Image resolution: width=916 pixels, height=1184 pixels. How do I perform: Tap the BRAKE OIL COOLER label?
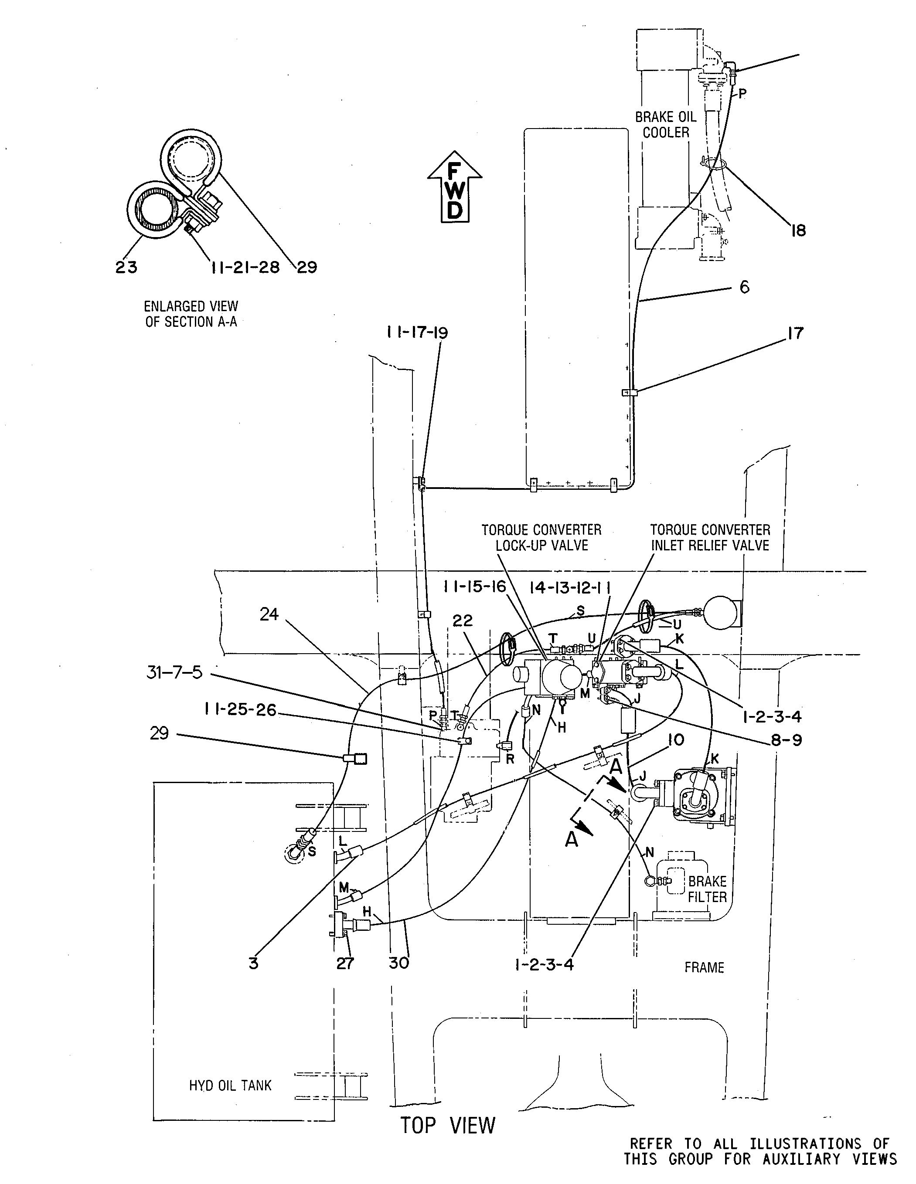pos(665,125)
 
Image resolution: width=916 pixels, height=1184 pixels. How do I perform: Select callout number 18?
pos(798,231)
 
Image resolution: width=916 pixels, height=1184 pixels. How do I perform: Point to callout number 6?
pos(744,287)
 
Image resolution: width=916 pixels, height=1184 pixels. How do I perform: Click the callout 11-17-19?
pos(418,332)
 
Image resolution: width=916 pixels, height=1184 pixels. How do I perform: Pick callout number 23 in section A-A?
pos(126,267)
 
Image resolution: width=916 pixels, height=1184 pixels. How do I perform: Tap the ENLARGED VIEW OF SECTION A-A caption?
pos(191,314)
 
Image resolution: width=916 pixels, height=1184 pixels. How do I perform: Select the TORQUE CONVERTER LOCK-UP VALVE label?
pos(541,537)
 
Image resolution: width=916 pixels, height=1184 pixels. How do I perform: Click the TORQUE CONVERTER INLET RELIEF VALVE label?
pos(710,537)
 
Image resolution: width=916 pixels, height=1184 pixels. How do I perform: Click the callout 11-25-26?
pos(240,709)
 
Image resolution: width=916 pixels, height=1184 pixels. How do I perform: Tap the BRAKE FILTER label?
pos(707,889)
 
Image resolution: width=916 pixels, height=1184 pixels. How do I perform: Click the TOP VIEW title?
pos(448,1126)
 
